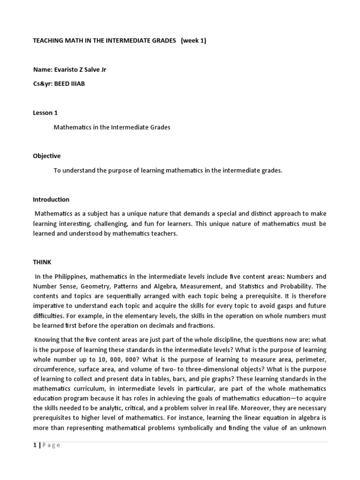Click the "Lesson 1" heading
(45, 113)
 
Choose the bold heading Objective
(46, 156)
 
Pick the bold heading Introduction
(51, 200)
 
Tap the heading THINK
(42, 262)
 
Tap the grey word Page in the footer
(52, 445)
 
